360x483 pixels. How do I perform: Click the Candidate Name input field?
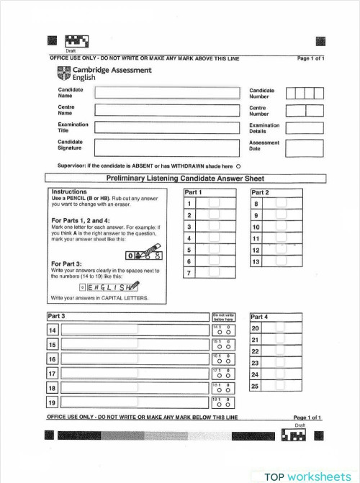[166, 92]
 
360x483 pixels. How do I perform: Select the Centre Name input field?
[166, 110]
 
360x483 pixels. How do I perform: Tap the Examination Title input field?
[166, 127]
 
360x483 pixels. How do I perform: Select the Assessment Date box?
[305, 147]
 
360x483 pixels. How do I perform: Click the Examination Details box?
[305, 127]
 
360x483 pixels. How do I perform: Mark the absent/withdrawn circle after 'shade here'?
[238, 166]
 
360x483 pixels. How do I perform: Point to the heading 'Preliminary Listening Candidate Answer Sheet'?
[185, 179]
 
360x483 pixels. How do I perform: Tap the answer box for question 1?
[214, 204]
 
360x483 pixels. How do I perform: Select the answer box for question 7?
[214, 273]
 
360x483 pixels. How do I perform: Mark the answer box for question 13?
[281, 261]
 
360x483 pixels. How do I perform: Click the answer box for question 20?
[280, 328]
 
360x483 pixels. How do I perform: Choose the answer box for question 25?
[280, 386]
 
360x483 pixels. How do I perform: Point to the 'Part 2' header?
[260, 193]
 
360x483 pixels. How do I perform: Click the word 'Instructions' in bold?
[69, 192]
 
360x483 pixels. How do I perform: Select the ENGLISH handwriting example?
[109, 286]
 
